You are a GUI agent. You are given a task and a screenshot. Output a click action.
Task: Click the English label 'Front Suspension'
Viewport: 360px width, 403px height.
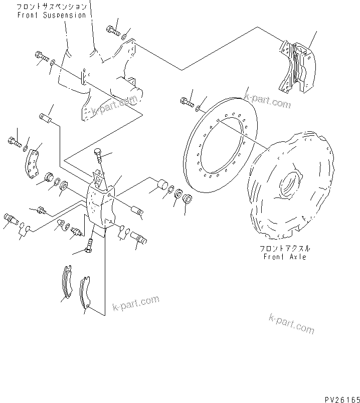coord(51,15)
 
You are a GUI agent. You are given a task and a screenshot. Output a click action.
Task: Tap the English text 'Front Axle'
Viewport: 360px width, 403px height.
coord(285,257)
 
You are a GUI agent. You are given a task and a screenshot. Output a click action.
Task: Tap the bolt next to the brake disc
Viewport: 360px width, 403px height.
coord(187,102)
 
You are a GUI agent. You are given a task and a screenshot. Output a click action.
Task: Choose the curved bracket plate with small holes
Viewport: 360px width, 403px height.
coord(33,163)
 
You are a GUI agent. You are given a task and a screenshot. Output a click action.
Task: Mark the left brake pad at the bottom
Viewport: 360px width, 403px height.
coord(66,284)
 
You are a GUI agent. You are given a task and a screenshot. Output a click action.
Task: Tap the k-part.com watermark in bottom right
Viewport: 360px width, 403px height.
coord(291,324)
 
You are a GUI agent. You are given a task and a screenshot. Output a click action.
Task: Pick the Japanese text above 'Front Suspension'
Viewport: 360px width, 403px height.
coord(51,7)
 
